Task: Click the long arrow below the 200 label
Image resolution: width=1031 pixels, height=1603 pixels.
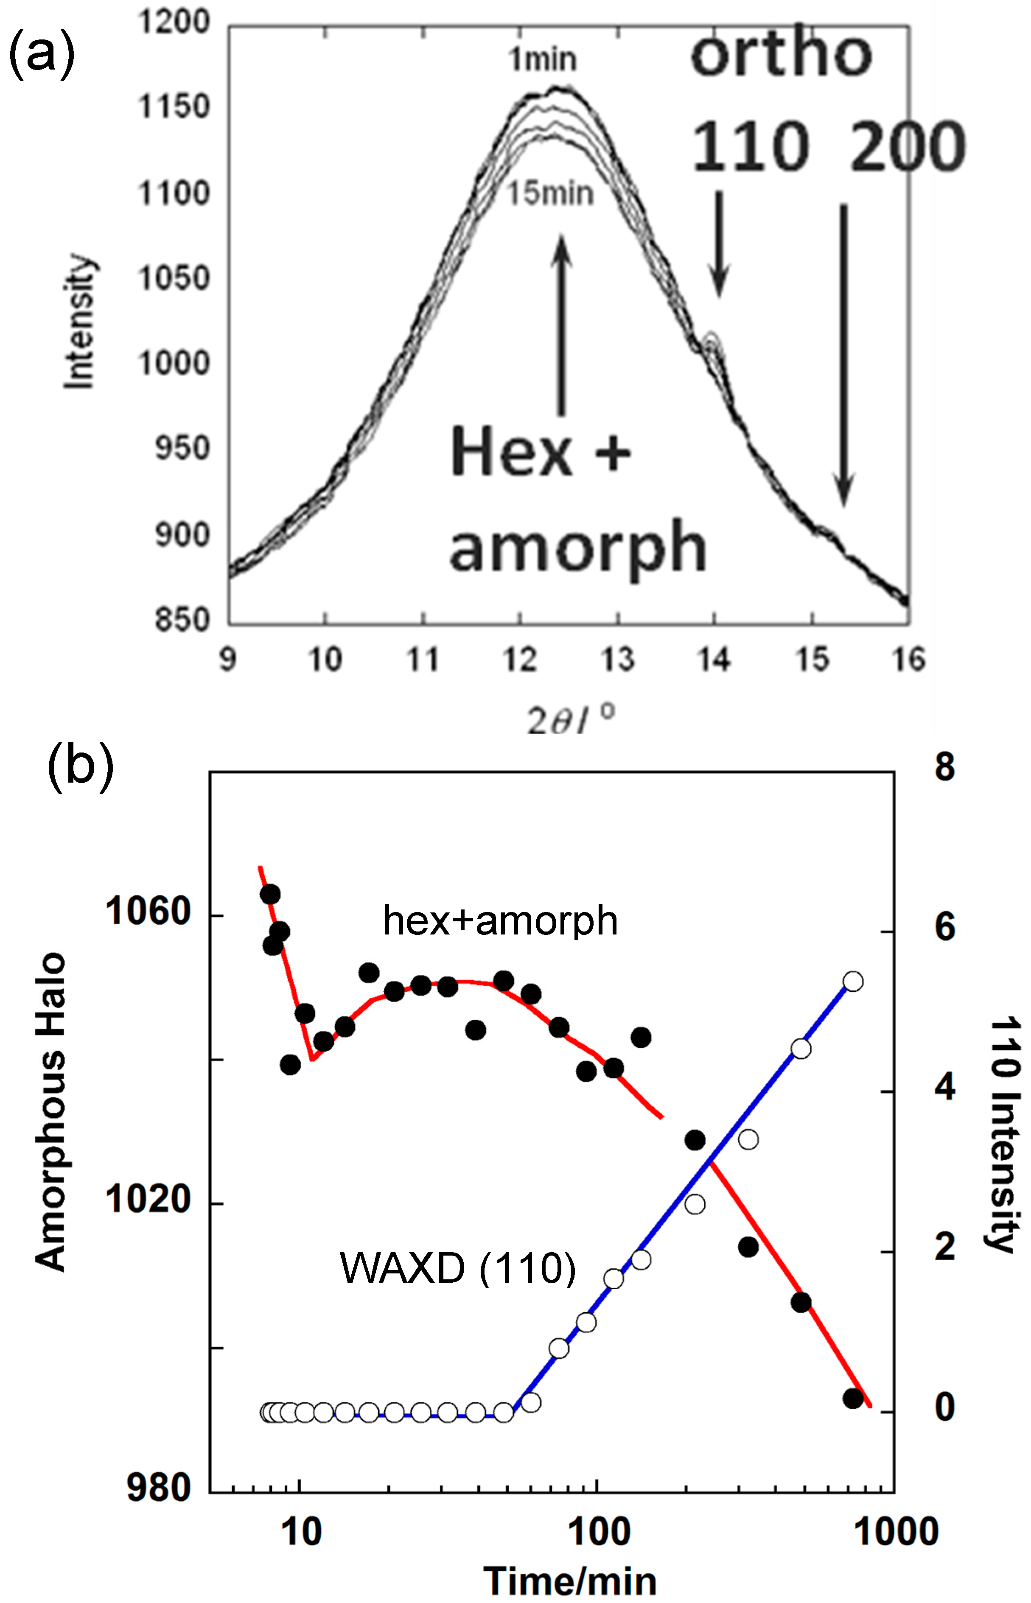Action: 843,355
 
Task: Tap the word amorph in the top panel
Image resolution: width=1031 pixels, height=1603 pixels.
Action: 578,548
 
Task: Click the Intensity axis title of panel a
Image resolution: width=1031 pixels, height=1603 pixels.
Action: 80,321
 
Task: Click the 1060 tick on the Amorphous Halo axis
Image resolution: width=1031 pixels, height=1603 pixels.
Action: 148,912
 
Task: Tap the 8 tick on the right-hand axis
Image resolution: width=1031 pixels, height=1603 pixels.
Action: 944,767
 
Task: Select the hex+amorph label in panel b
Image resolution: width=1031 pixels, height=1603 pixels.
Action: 500,920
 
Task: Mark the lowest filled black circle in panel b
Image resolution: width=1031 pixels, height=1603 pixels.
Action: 852,1398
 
